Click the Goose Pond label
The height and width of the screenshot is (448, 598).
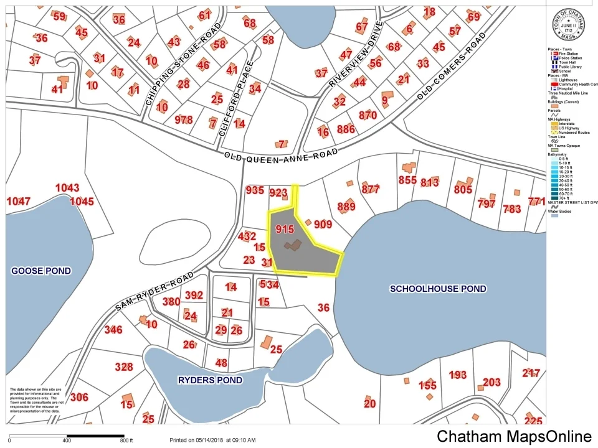coord(41,271)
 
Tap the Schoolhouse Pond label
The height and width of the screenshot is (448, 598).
coord(438,289)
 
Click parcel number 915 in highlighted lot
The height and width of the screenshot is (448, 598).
coord(284,229)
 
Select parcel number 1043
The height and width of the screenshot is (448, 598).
coord(67,188)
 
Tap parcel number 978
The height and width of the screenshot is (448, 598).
coord(184,119)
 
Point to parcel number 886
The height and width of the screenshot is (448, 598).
coord(345,129)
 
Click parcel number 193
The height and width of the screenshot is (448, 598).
coord(458,375)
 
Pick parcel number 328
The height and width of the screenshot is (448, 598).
coord(124,366)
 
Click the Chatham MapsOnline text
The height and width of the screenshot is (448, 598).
coord(514,437)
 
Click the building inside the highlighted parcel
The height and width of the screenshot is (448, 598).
coord(293,245)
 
